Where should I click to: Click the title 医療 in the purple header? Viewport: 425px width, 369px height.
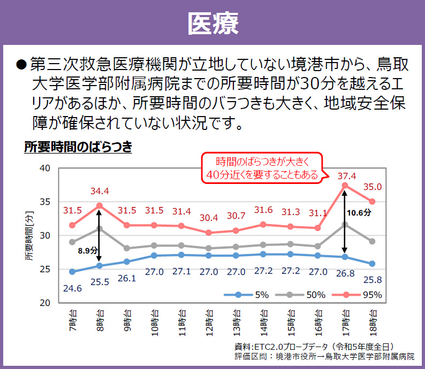pyautogui.click(x=212, y=22)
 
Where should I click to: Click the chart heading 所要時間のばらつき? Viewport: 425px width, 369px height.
pyautogui.click(x=78, y=147)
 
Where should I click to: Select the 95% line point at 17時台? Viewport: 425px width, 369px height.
pyautogui.click(x=345, y=186)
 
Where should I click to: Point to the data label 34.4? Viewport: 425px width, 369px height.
pyautogui.click(x=100, y=191)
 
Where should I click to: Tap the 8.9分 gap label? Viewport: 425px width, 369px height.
pyautogui.click(x=88, y=250)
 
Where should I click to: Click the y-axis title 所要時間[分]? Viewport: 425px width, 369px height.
pyautogui.click(x=29, y=236)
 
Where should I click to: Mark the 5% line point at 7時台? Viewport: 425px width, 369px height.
pyautogui.click(x=72, y=272)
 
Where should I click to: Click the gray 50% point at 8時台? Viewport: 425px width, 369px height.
pyautogui.click(x=100, y=228)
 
